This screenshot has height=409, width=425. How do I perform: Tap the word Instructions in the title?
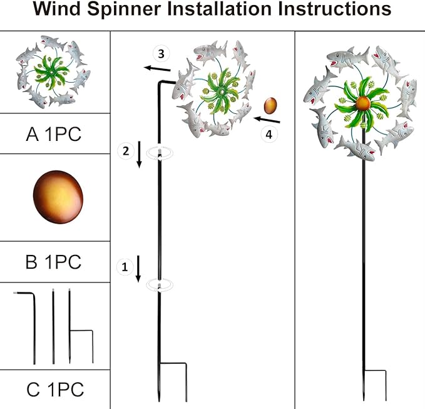[327, 11]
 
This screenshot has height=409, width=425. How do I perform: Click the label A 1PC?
[54, 134]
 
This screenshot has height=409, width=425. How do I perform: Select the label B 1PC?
[54, 262]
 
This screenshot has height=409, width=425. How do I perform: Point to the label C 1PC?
[55, 390]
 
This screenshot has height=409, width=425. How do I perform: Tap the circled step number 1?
[125, 267]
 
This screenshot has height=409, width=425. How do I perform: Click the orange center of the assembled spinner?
[363, 103]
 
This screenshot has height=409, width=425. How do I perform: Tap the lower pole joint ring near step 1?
[160, 286]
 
